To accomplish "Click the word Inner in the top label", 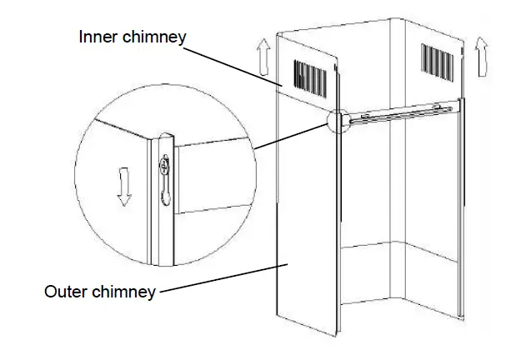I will (98, 37).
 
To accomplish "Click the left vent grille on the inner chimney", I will (309, 77).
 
